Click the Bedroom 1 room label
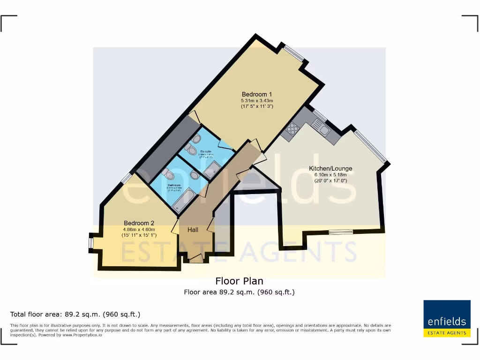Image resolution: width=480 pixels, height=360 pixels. [257, 94]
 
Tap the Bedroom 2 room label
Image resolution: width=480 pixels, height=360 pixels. [139, 223]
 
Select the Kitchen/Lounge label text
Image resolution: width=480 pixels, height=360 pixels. [330, 169]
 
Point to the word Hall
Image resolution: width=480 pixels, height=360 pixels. [193, 230]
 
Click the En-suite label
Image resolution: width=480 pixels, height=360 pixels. [206, 151]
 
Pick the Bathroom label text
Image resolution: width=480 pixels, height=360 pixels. [174, 185]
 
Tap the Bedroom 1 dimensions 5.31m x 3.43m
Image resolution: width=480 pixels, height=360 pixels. [257, 101]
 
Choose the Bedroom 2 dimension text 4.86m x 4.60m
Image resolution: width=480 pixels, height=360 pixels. [139, 229]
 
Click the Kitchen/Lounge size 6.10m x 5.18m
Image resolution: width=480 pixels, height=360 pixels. [330, 175]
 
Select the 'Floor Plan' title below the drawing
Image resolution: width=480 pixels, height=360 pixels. [239, 281]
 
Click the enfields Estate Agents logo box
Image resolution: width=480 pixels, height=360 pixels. [447, 318]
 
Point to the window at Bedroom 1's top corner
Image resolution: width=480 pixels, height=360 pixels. [294, 52]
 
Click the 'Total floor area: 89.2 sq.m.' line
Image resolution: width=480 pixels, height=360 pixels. [75, 314]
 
